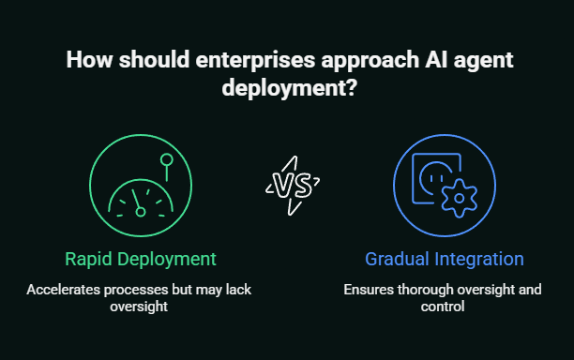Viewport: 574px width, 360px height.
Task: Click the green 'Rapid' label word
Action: coord(90,258)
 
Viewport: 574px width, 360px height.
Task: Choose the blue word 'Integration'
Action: coord(478,258)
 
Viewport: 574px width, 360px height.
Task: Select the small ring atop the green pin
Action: coord(167,160)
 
